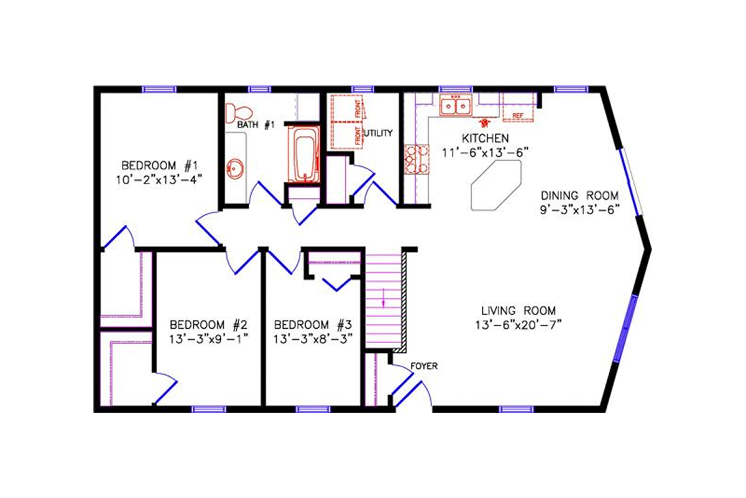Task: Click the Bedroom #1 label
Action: click(x=159, y=166)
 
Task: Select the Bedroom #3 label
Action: click(x=313, y=325)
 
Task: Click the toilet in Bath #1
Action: click(x=233, y=113)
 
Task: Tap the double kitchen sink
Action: click(x=456, y=106)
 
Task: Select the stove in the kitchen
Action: click(x=413, y=158)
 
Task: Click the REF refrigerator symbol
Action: click(x=517, y=115)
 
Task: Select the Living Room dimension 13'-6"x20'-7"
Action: click(x=518, y=324)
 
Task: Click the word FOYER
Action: click(x=424, y=367)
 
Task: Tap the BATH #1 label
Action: click(x=256, y=125)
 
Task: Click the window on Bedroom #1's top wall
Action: click(x=159, y=89)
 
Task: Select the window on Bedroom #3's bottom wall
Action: click(x=313, y=409)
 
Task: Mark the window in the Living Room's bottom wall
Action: click(x=517, y=409)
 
